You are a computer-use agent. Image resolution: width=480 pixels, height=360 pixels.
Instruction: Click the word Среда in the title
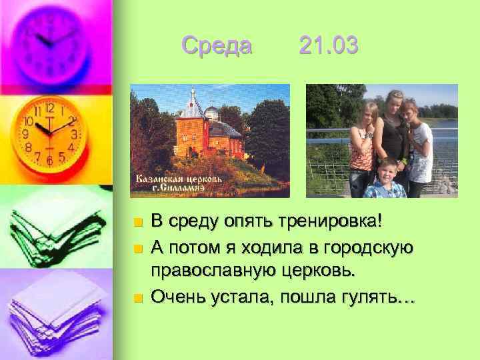tap(217, 46)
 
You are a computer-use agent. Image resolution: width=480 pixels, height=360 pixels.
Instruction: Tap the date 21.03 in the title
tap(329, 46)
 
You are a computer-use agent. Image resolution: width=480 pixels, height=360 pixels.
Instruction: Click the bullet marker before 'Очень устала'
tap(137, 297)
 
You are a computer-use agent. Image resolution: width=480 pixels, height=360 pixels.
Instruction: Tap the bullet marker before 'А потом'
tap(137, 249)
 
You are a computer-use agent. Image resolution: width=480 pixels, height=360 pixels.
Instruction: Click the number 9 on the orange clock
tap(26, 133)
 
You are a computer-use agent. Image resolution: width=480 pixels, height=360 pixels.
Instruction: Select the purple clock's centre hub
tap(50, 42)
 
